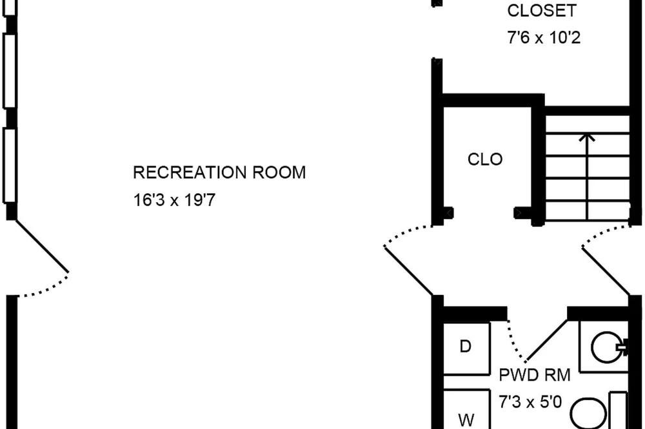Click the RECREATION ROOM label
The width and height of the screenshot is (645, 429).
click(219, 173)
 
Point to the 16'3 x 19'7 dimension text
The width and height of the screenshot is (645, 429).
click(174, 200)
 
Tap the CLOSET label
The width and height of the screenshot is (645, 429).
click(542, 11)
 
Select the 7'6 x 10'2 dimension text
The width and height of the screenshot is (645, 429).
click(544, 38)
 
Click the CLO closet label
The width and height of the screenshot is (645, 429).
click(485, 160)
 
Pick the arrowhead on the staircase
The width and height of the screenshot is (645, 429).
click(587, 137)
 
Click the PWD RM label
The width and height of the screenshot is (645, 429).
click(534, 375)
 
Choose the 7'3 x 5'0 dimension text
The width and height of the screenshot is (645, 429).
click(530, 401)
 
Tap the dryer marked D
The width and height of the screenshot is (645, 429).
click(466, 348)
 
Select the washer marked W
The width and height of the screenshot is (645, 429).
click(466, 409)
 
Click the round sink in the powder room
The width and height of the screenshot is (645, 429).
click(606, 347)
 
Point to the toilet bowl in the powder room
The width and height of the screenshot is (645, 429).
click(589, 412)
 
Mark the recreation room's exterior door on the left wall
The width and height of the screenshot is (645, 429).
click(42, 245)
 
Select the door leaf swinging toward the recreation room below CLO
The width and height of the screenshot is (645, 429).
click(408, 271)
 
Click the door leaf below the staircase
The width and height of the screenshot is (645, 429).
click(606, 271)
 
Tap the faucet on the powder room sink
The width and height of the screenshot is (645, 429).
click(622, 347)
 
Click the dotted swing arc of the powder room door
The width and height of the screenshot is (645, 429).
click(514, 341)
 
